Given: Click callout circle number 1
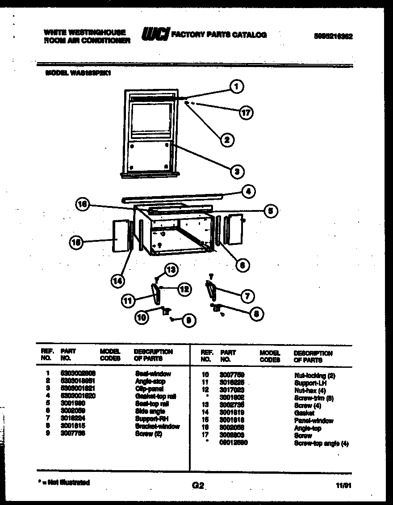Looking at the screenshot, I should click(x=237, y=86).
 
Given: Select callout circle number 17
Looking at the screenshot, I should click(x=245, y=113).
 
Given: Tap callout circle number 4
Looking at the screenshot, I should click(x=248, y=192).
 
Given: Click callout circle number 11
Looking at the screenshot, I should click(x=128, y=301).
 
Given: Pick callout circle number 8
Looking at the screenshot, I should click(x=256, y=314).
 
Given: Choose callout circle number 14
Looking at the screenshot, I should click(x=117, y=281).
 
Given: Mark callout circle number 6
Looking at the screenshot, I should click(x=242, y=265).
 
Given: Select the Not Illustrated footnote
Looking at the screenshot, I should click(x=65, y=482).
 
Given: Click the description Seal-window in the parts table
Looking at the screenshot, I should click(x=153, y=373).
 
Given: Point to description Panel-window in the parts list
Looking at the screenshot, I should click(x=314, y=421).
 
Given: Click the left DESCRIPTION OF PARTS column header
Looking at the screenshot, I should click(x=153, y=355).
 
